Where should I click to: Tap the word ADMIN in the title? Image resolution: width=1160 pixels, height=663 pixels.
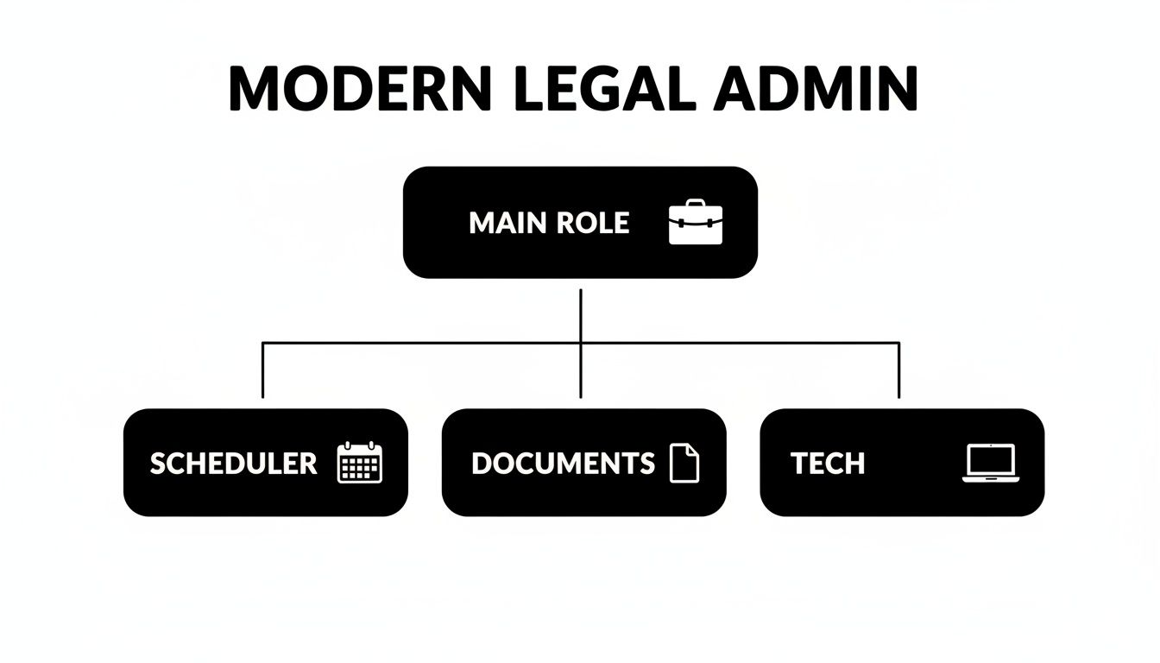(816, 88)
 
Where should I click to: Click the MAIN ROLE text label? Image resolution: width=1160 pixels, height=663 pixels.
(549, 223)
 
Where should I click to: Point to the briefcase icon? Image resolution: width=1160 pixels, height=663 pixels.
(696, 222)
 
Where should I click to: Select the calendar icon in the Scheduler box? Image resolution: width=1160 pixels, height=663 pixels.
(359, 463)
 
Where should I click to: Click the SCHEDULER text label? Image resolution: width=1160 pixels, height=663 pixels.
(233, 464)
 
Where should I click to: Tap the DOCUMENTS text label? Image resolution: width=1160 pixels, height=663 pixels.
(563, 464)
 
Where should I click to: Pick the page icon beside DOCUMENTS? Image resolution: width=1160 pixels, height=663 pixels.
(684, 463)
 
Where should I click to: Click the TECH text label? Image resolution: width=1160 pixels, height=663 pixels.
(827, 464)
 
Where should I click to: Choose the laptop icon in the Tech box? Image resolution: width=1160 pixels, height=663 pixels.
(991, 463)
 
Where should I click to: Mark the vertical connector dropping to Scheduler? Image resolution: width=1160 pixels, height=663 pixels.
(262, 371)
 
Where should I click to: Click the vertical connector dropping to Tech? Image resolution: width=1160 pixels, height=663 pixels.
(898, 371)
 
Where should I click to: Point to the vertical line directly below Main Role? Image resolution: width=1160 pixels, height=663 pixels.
(581, 315)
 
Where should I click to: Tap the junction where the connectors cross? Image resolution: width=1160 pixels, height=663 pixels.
(581, 343)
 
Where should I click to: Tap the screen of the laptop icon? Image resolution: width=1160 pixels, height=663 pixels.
(991, 459)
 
